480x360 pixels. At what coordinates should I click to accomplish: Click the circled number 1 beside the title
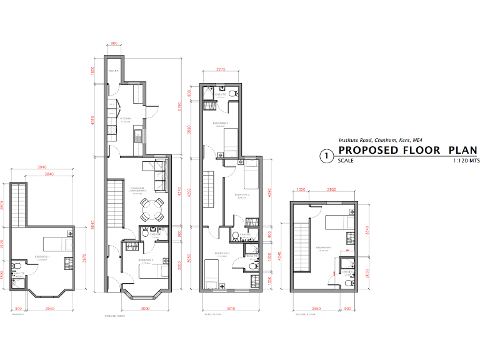click(x=325, y=156)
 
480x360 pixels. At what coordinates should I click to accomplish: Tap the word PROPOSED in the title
click(x=368, y=151)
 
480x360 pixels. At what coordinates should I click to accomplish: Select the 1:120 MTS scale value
click(x=465, y=161)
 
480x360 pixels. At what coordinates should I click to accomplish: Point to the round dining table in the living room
click(x=152, y=209)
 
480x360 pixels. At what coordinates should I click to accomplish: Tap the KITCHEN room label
click(x=126, y=118)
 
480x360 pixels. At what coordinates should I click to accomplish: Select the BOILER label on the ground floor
click(x=114, y=71)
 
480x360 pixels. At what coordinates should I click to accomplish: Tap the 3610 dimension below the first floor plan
click(x=230, y=308)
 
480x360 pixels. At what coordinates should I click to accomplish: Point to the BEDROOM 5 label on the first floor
click(x=219, y=123)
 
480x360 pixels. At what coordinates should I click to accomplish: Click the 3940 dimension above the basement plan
click(x=42, y=167)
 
